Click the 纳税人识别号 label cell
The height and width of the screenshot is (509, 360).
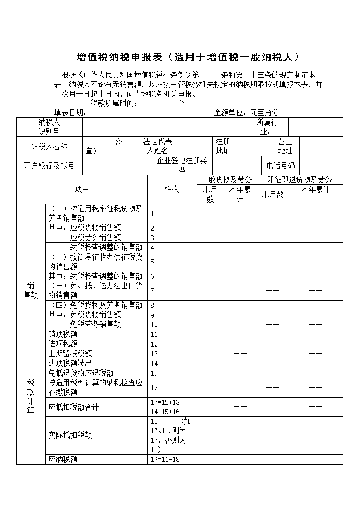pyautogui.click(x=49, y=127)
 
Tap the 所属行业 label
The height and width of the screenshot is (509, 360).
pyautogui.click(x=268, y=127)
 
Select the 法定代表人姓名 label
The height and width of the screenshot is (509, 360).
pyautogui.click(x=158, y=146)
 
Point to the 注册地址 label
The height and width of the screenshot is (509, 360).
pyautogui.click(x=223, y=146)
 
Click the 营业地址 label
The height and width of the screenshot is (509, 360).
pyautogui.click(x=285, y=146)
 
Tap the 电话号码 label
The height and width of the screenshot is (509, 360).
pyautogui.click(x=280, y=166)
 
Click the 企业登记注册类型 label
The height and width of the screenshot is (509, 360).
pyautogui.click(x=182, y=166)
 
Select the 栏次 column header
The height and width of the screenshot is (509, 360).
pyautogui.click(x=172, y=189)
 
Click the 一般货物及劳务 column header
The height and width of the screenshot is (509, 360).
pyautogui.click(x=226, y=179)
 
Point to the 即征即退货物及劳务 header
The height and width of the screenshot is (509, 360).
pyautogui.click(x=299, y=179)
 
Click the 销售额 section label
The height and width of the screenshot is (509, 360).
pyautogui.click(x=31, y=290)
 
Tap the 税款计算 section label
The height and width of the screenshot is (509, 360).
pyautogui.click(x=31, y=397)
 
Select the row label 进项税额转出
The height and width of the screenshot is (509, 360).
pyautogui.click(x=70, y=364)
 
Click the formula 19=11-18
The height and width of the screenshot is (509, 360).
pyautogui.click(x=165, y=460)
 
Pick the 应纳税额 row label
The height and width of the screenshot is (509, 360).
pyautogui.click(x=63, y=460)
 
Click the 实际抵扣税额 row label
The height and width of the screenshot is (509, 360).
pyautogui.click(x=70, y=435)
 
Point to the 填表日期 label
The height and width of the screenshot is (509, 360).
pyautogui.click(x=70, y=112)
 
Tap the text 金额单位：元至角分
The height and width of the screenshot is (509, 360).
pyautogui.click(x=246, y=112)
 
